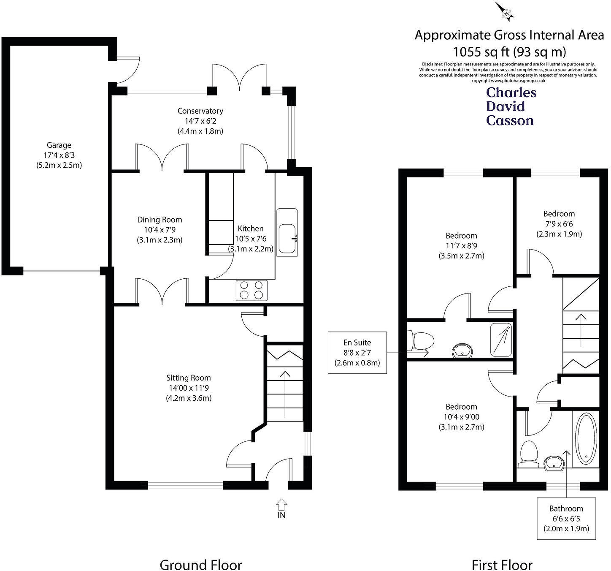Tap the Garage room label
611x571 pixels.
tap(59, 145)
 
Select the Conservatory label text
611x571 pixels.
tap(200, 111)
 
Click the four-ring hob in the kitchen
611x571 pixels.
tap(251, 290)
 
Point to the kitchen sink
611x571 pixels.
tap(287, 233)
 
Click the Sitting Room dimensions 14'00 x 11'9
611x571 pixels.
tap(189, 388)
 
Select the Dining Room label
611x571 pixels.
tap(160, 220)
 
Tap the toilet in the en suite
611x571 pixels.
tap(420, 341)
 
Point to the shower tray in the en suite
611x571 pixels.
tap(501, 340)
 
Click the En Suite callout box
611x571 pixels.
tap(357, 353)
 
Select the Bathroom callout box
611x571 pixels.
tap(566, 519)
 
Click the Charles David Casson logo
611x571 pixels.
tap(511, 106)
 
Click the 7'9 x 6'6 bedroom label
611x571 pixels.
tap(559, 223)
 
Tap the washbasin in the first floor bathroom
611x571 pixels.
tap(554, 463)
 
